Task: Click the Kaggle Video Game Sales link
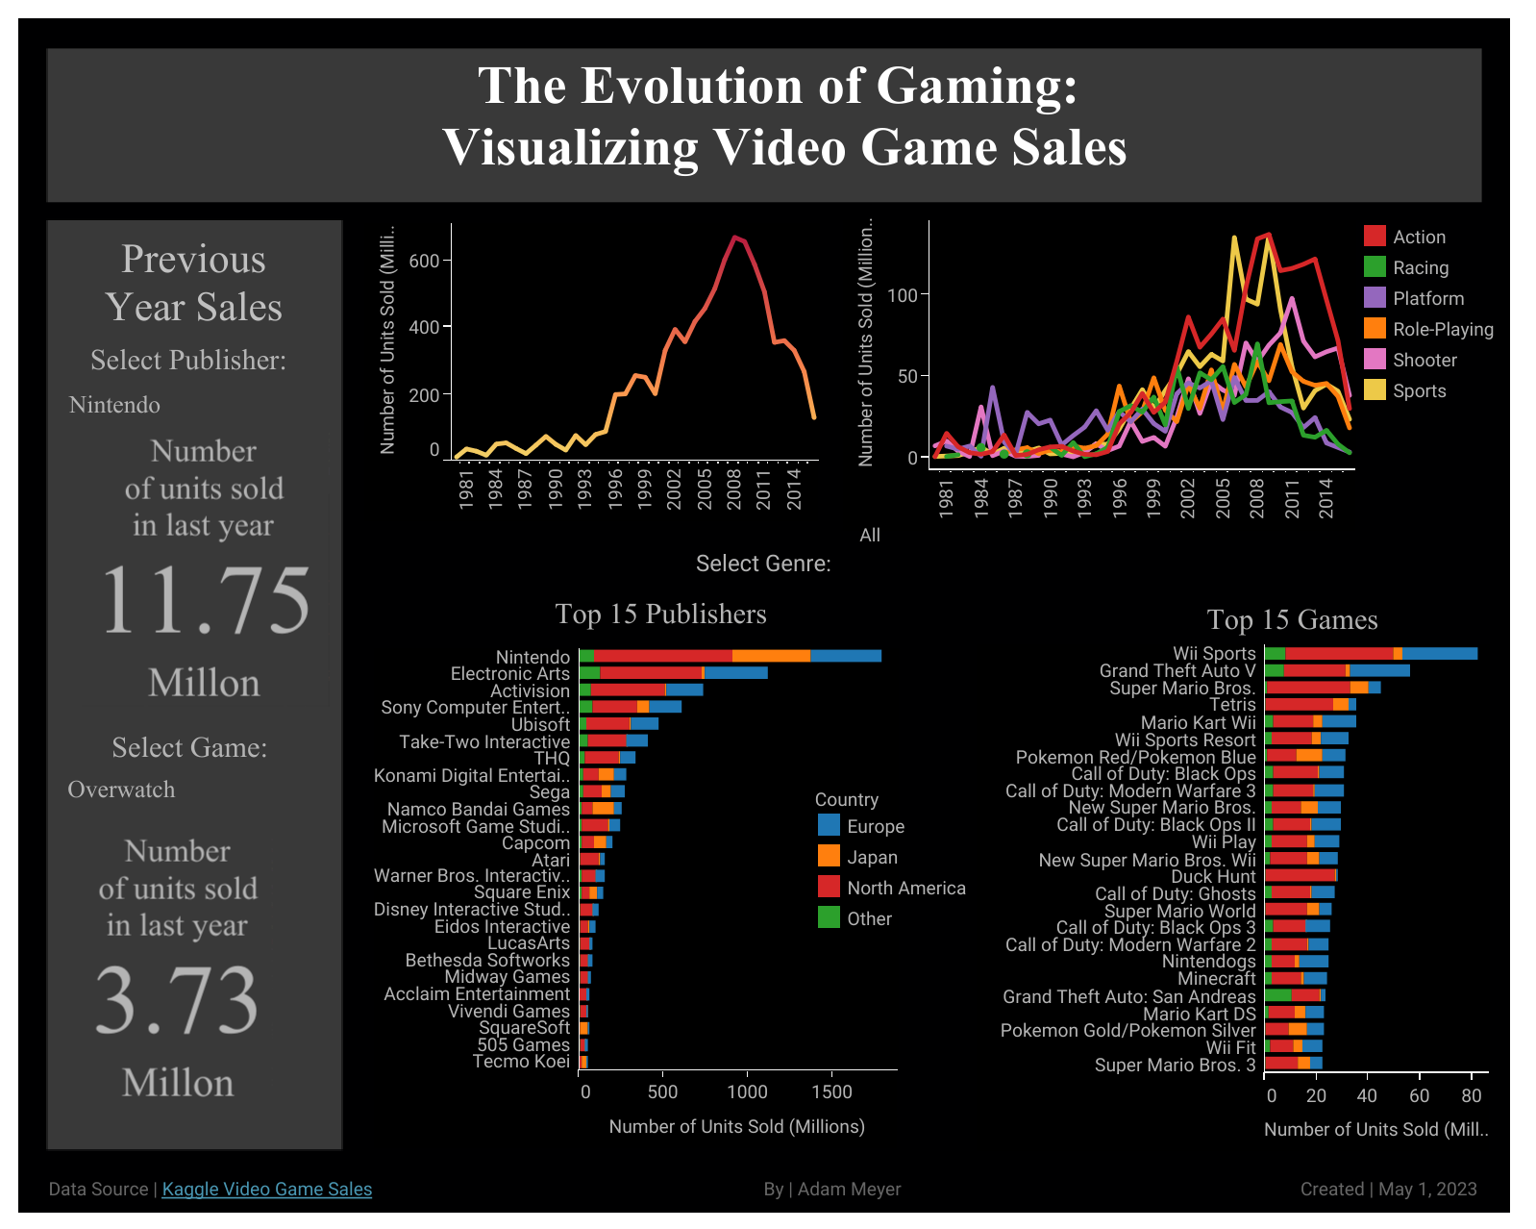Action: pyautogui.click(x=266, y=1190)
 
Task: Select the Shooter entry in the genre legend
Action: pyautogui.click(x=1425, y=360)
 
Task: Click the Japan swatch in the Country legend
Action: pyautogui.click(x=829, y=856)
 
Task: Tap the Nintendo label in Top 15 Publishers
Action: pyautogui.click(x=533, y=657)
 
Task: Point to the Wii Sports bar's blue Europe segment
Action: pyautogui.click(x=1439, y=654)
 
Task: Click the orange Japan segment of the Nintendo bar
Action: pyautogui.click(x=771, y=656)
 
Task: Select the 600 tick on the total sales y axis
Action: pyautogui.click(x=424, y=261)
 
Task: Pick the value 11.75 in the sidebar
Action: pyautogui.click(x=206, y=600)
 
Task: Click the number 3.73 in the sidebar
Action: pyautogui.click(x=178, y=1000)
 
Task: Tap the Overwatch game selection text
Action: pyautogui.click(x=122, y=790)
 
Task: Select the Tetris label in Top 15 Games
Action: pyautogui.click(x=1232, y=705)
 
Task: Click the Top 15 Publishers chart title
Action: pyautogui.click(x=660, y=614)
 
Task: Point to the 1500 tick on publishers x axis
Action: pyautogui.click(x=831, y=1091)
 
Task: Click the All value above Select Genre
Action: pyautogui.click(x=870, y=536)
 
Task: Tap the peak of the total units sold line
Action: pyautogui.click(x=734, y=238)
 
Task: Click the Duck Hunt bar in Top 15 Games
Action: pyautogui.click(x=1300, y=876)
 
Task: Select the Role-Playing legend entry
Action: pyautogui.click(x=1443, y=329)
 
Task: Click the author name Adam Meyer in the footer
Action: pyautogui.click(x=849, y=1190)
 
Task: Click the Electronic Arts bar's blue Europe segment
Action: pyautogui.click(x=735, y=673)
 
